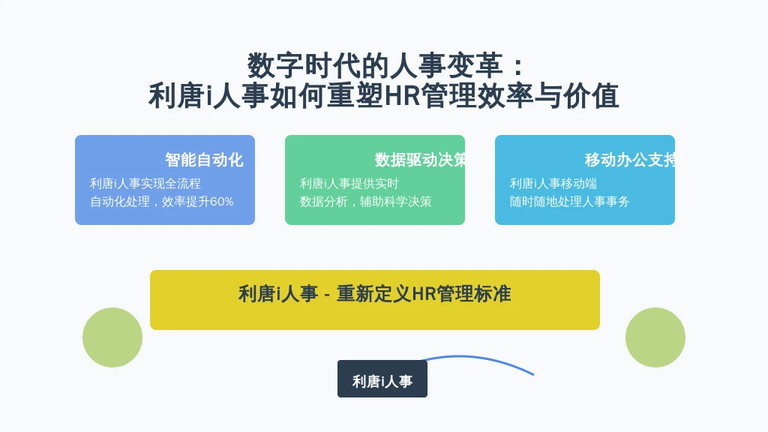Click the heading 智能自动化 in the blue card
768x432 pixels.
click(x=204, y=160)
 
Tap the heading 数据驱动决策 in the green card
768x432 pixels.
click(x=420, y=160)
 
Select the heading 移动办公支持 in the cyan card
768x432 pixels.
click(x=630, y=160)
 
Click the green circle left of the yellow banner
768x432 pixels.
click(x=112, y=337)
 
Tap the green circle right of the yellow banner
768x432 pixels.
click(x=655, y=337)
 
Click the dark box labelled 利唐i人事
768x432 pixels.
click(x=382, y=379)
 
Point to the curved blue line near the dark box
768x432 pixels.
click(x=480, y=359)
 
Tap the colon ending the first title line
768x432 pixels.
click(x=519, y=67)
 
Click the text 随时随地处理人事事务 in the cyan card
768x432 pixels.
click(x=570, y=201)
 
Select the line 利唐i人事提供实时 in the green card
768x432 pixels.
click(x=349, y=184)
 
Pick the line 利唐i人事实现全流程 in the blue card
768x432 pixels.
click(x=145, y=184)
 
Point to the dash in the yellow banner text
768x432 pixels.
click(x=327, y=294)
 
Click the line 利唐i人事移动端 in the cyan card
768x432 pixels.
click(x=553, y=184)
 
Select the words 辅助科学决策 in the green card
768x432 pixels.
click(x=396, y=201)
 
